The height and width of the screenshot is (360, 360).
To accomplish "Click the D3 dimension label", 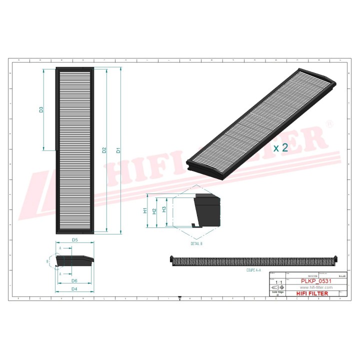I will point(41,109).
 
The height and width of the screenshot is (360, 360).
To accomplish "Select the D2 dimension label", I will point(104,150).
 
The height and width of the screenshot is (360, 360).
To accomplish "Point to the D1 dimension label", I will point(118,150).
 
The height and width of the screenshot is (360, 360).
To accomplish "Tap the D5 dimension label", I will point(74,240).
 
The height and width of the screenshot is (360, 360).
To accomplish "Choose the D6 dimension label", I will point(74,281).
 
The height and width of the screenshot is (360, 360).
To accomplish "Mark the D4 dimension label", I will point(74,289).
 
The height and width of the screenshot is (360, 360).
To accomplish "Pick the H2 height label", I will point(154,211).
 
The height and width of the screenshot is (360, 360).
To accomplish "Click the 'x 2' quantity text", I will point(280,147).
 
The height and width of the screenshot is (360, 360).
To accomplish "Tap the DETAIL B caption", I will point(196,243).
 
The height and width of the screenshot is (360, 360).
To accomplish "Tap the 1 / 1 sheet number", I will point(277,282).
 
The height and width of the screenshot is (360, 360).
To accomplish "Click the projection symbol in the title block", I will point(277,288).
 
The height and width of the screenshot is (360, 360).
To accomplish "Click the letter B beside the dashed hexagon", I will point(48,261).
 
